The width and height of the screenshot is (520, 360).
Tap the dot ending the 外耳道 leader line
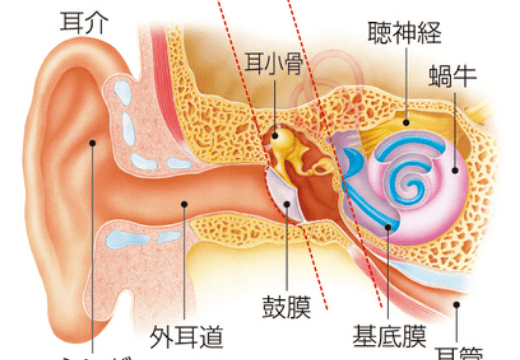pos(184,204)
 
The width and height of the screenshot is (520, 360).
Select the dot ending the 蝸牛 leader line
pos(456,170)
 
